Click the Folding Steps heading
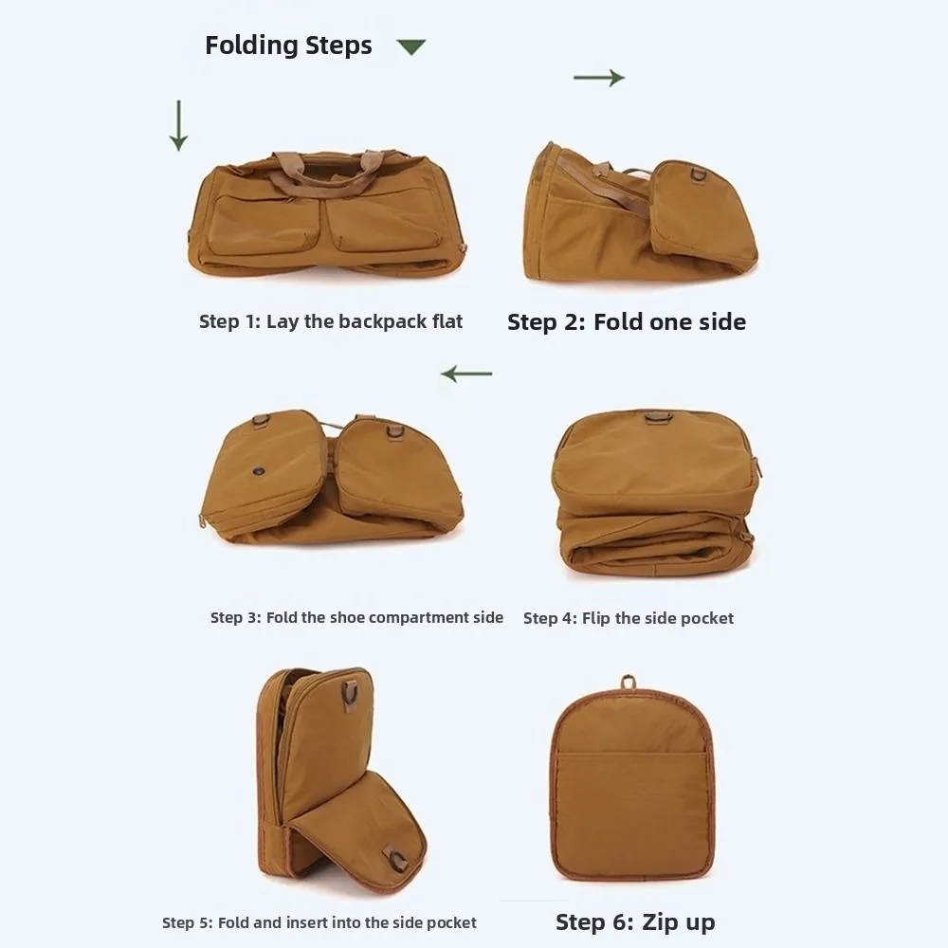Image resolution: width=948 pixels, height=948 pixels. point(288,46)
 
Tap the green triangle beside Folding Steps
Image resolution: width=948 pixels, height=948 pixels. point(410,46)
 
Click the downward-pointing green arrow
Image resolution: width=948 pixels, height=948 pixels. point(178,125)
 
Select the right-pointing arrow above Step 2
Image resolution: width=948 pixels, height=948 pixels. point(599,78)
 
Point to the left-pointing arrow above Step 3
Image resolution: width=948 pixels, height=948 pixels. point(466,374)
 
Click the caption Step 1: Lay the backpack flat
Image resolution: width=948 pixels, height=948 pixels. point(331,321)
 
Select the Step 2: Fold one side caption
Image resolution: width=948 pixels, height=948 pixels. point(626,322)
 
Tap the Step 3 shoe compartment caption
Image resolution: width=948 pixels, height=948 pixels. point(356,618)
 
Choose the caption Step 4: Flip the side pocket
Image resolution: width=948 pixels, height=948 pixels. point(629,619)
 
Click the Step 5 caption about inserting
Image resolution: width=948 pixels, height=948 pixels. point(319,922)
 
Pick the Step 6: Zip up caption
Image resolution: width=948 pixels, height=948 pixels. point(635,922)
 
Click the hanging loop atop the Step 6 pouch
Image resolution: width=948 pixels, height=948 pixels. point(629,682)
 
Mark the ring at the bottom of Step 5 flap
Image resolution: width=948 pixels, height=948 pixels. point(397,861)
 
